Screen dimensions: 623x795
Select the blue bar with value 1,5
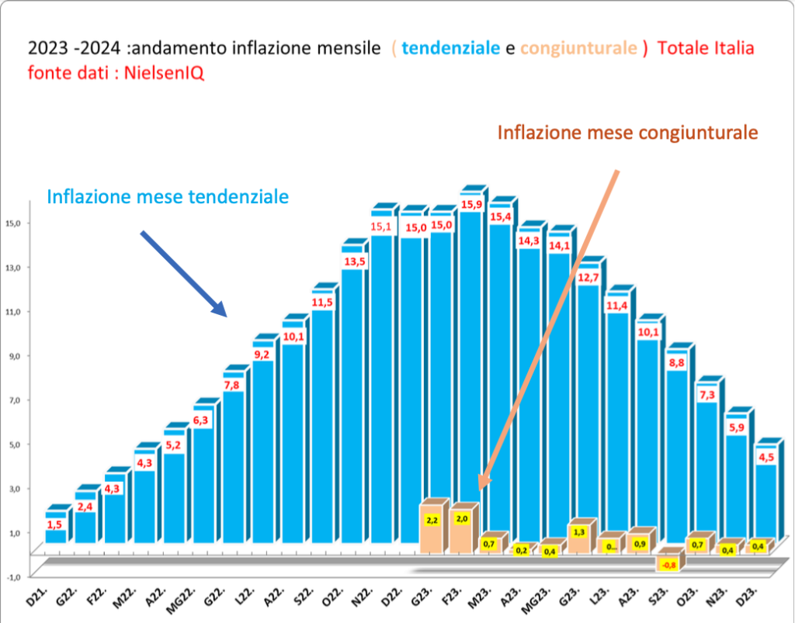click(x=56, y=535)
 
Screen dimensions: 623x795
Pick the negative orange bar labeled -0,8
click(x=668, y=565)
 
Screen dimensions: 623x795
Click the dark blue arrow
click(x=183, y=273)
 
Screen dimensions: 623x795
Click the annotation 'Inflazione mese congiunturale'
click(x=627, y=133)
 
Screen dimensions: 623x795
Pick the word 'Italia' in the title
click(x=733, y=48)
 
